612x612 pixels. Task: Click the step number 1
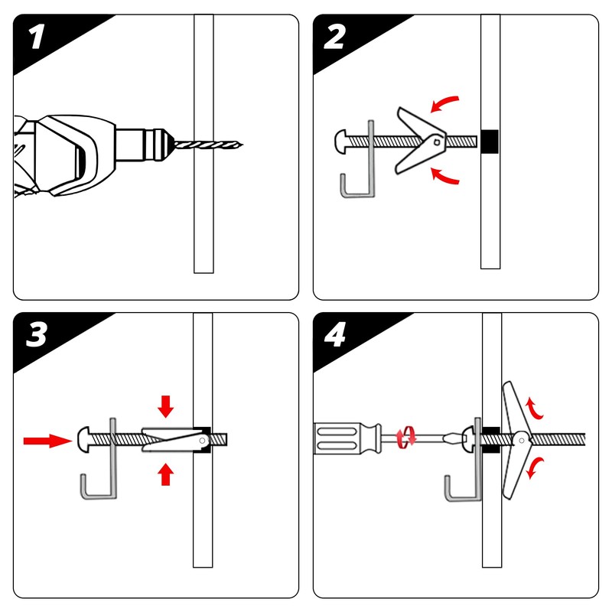point(35,38)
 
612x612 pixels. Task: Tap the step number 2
point(334,37)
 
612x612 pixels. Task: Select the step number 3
point(36,336)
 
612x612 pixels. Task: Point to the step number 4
point(334,336)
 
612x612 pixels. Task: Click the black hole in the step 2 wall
point(490,142)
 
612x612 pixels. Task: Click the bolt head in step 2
point(343,141)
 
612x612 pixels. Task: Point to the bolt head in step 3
point(85,440)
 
